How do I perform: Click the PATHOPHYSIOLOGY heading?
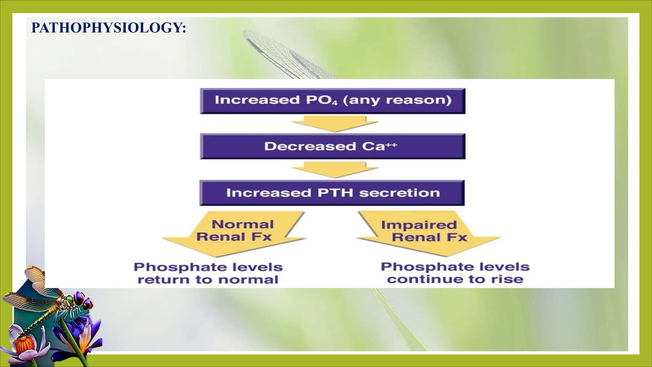109,28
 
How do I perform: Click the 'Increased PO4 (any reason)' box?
333,101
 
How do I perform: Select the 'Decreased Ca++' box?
333,147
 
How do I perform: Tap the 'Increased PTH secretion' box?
332,193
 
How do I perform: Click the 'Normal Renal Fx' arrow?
234,234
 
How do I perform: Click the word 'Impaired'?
419,225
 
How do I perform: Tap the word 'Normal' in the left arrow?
243,224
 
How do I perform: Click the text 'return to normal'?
208,280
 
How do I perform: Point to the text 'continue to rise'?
455,279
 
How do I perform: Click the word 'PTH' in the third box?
335,193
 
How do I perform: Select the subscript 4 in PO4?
335,103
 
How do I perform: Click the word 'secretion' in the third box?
400,193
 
